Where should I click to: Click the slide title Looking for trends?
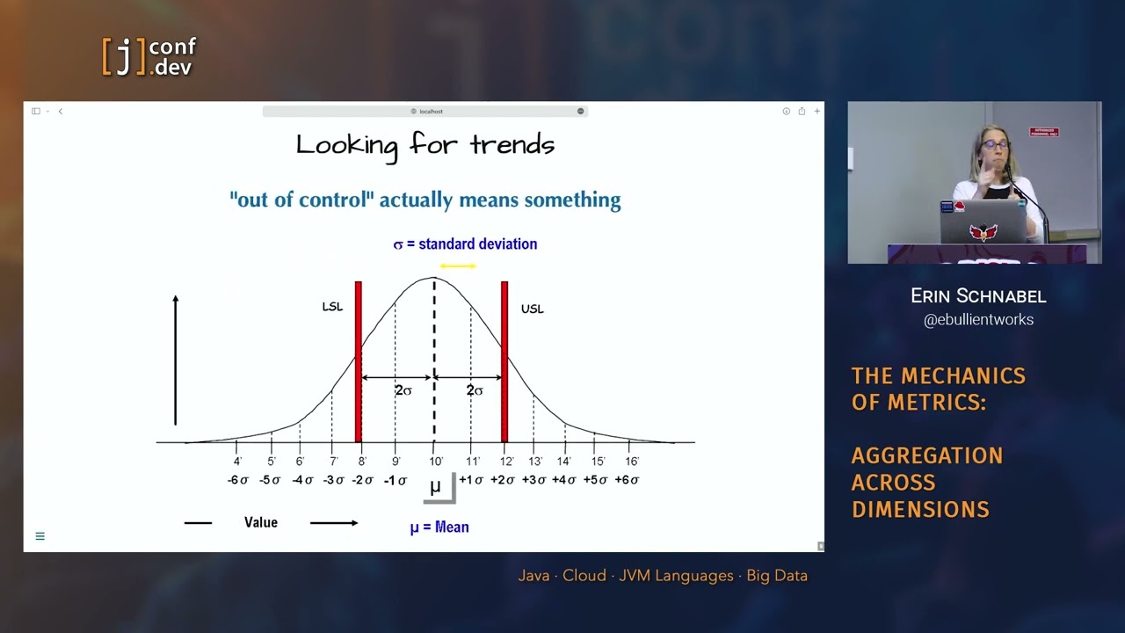pos(425,145)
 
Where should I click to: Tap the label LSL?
pos(332,307)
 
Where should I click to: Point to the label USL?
pos(532,309)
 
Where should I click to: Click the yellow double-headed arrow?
pos(458,266)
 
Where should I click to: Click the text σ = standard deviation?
pos(465,244)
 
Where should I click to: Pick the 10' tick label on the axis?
pos(436,461)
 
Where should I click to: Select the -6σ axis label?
pos(238,480)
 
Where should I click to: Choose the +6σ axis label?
pos(627,480)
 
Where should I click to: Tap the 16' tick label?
pos(632,461)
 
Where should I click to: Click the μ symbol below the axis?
pos(435,487)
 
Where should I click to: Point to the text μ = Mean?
pos(439,527)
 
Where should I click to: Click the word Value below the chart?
pos(260,522)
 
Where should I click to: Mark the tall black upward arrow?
pos(176,360)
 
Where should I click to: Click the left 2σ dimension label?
pos(403,390)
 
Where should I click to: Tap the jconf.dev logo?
pos(149,56)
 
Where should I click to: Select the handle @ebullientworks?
pos(978,320)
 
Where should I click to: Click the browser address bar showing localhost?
pos(425,112)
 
